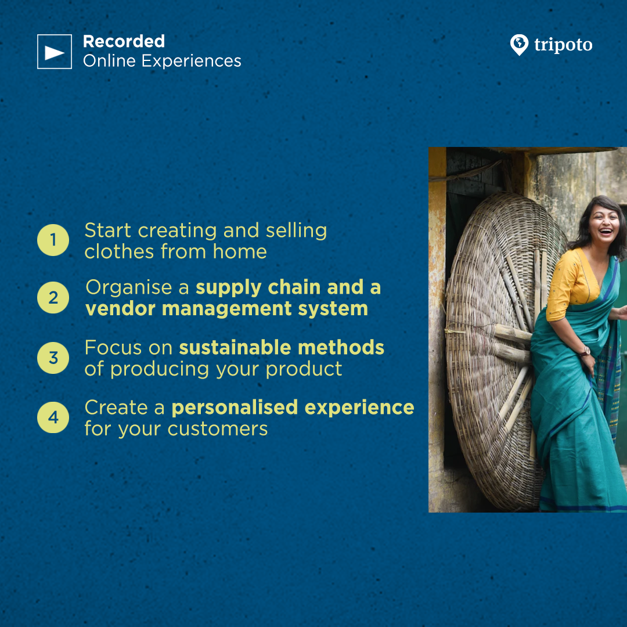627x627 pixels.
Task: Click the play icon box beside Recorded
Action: click(x=55, y=52)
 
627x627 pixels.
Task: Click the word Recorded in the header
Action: click(x=124, y=42)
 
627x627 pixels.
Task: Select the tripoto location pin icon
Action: click(x=519, y=45)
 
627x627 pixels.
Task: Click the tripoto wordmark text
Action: click(x=563, y=45)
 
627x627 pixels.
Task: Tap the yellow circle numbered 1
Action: click(x=53, y=240)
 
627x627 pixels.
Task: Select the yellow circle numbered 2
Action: click(x=53, y=297)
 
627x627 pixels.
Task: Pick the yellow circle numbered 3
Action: click(x=53, y=358)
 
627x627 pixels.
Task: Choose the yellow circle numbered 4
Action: click(x=53, y=417)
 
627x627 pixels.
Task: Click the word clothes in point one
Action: click(x=119, y=252)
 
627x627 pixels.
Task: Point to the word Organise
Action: click(x=129, y=288)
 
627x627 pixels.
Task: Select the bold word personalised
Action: click(x=235, y=408)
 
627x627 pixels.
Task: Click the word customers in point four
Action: click(x=218, y=429)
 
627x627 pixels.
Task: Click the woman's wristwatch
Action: click(x=585, y=351)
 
